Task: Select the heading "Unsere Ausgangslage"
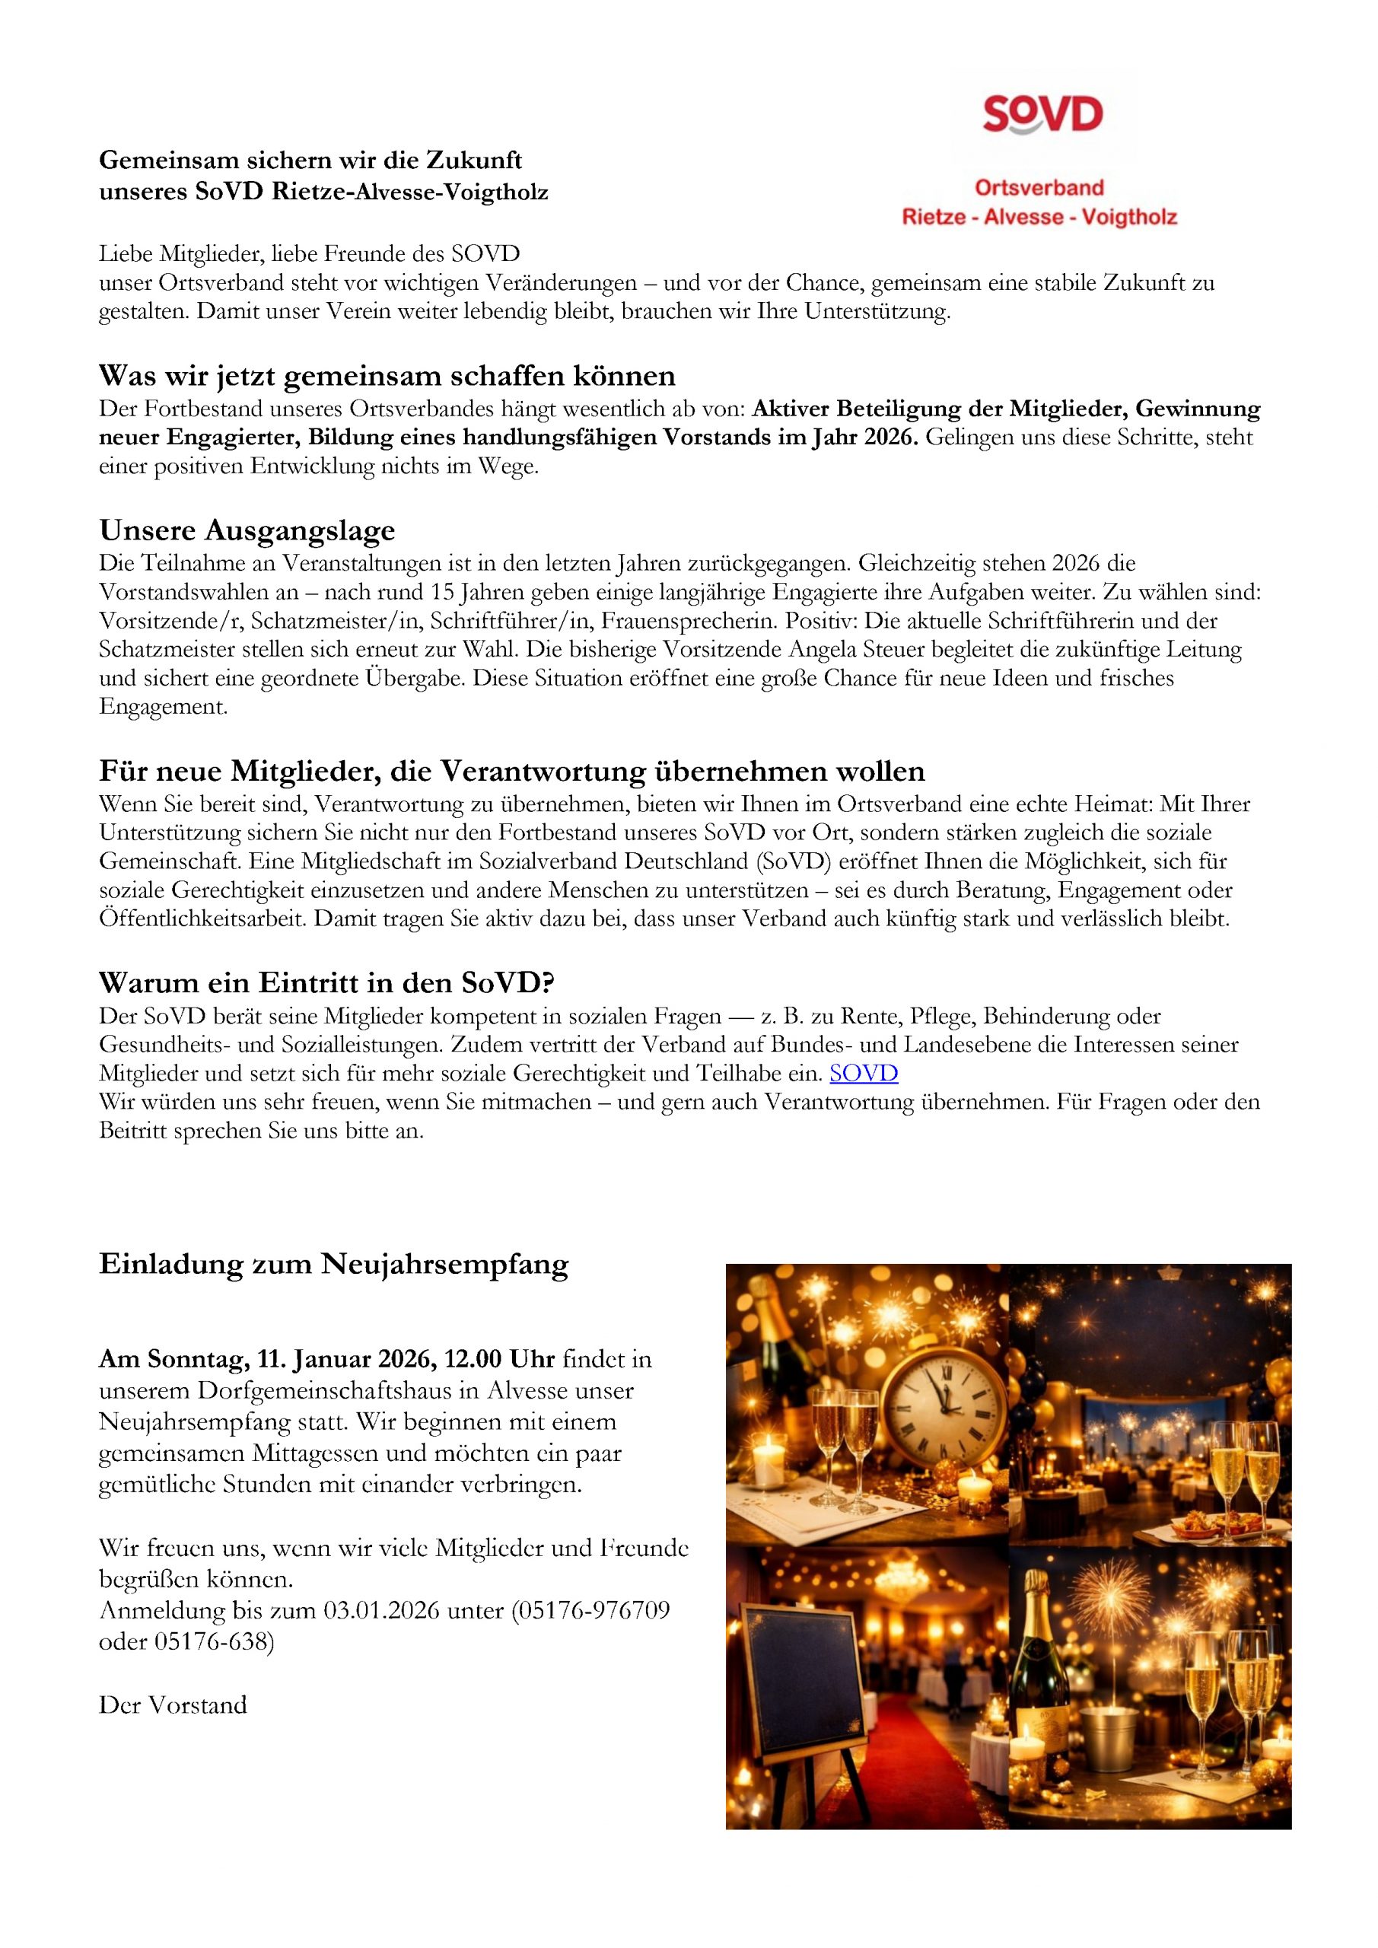pos(247,530)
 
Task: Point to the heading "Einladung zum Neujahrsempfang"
pos(333,1264)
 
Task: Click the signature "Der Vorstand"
pos(173,1705)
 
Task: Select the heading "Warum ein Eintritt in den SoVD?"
pos(326,982)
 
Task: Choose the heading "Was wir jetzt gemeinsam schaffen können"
pos(387,375)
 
